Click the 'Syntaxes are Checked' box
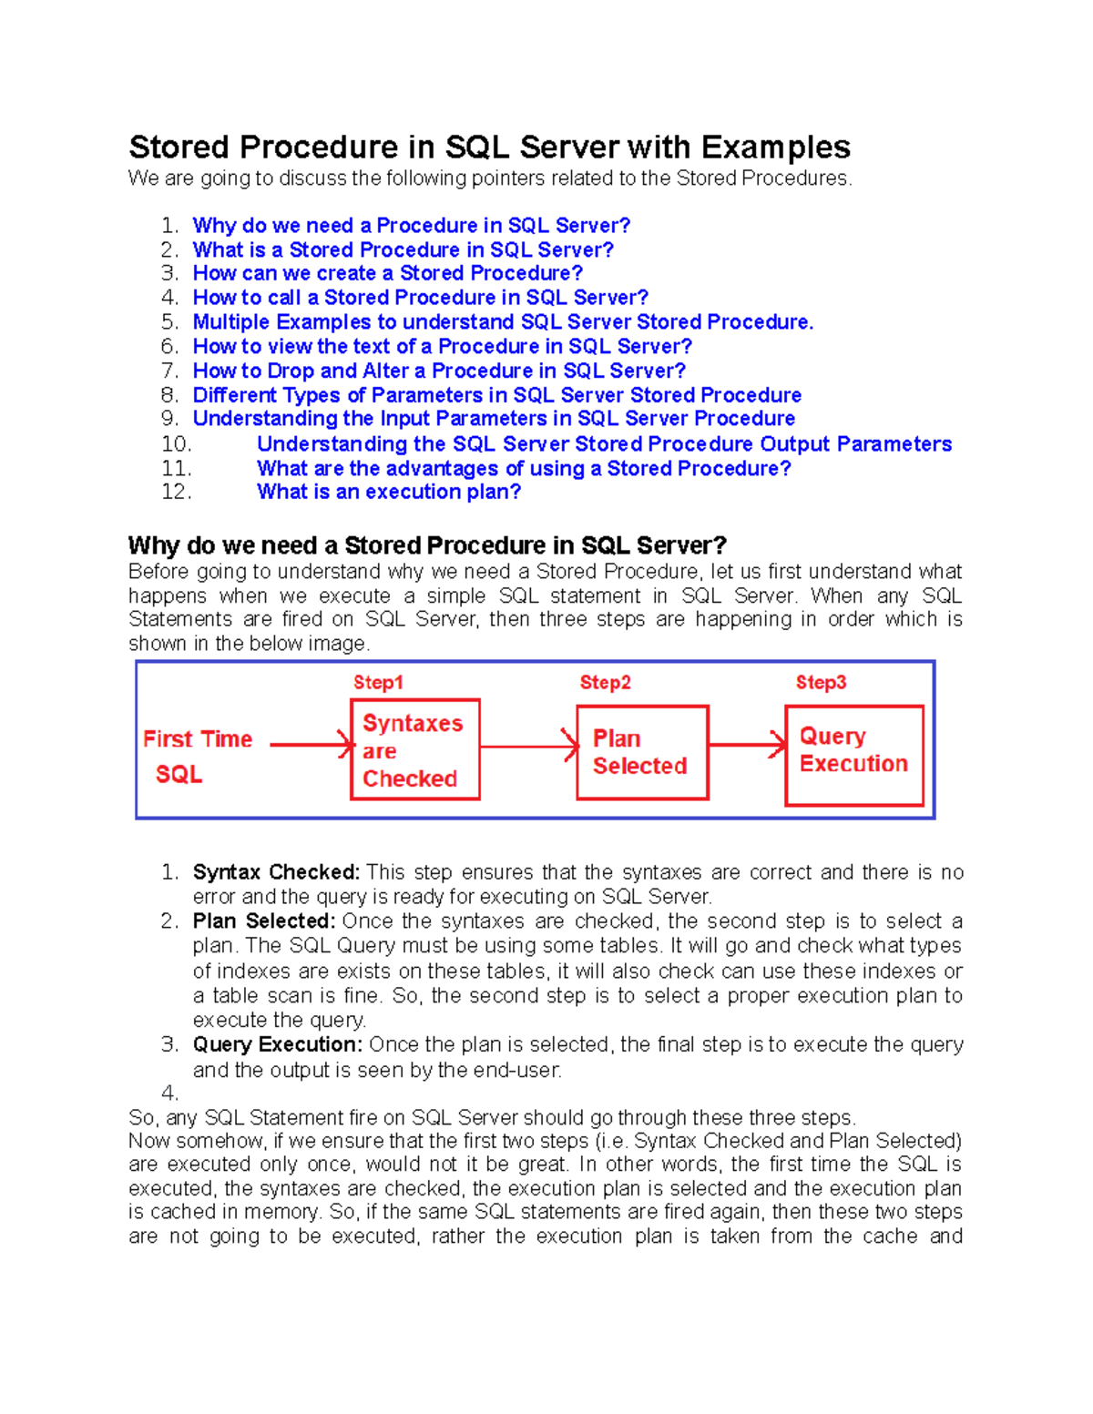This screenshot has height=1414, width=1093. click(414, 749)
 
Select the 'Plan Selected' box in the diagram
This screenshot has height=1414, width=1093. click(642, 752)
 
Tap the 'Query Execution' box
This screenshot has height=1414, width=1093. click(853, 755)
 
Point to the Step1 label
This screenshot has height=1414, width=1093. click(378, 682)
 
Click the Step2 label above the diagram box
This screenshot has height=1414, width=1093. click(605, 682)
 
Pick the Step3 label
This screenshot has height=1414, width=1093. click(821, 682)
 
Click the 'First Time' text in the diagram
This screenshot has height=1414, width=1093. click(198, 738)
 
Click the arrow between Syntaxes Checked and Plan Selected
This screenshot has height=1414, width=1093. click(528, 747)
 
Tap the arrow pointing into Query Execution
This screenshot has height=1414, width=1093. click(747, 745)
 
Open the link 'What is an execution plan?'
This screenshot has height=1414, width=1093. click(389, 492)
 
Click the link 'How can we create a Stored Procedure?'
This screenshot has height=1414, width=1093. click(387, 273)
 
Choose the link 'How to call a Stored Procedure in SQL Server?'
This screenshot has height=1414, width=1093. click(420, 298)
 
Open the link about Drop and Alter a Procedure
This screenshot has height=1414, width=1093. click(439, 371)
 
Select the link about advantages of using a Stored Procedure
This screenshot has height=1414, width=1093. click(524, 468)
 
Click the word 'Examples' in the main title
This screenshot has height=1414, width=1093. click(775, 148)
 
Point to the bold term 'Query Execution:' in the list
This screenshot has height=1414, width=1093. click(278, 1044)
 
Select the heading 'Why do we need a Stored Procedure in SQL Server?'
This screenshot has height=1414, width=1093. click(427, 545)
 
